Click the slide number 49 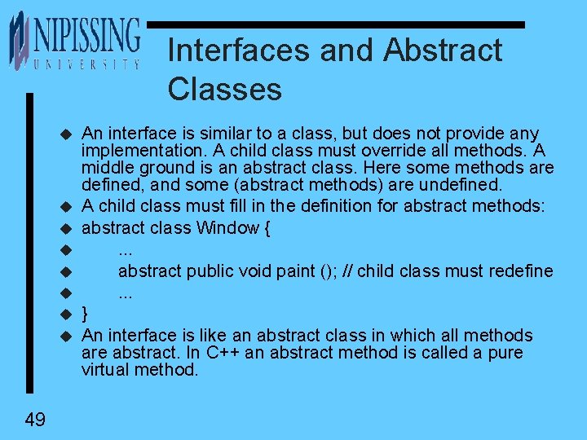coord(35,420)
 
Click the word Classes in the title coord(224,89)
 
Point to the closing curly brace coord(86,314)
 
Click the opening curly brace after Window coord(267,228)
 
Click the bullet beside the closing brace coord(66,315)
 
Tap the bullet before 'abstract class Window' coord(66,229)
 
